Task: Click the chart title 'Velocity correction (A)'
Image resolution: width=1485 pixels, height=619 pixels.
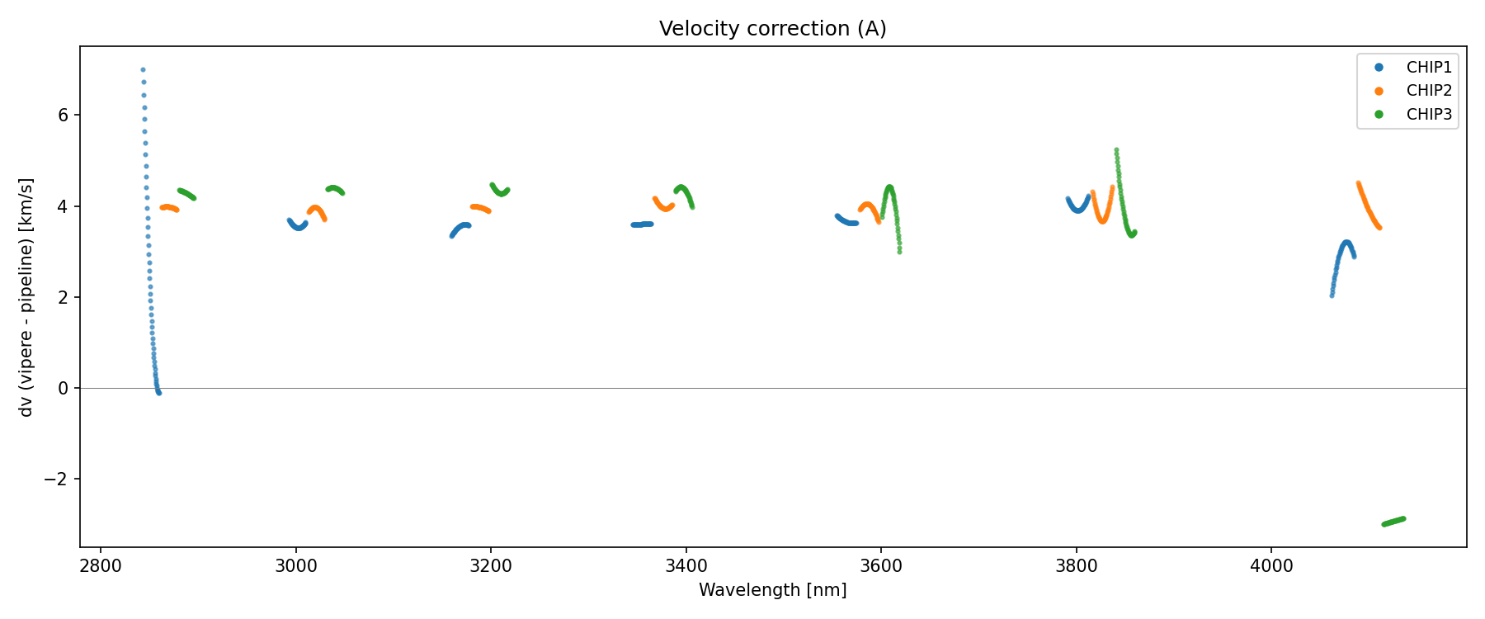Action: (x=772, y=29)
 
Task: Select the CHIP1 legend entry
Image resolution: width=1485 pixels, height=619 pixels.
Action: (x=1428, y=68)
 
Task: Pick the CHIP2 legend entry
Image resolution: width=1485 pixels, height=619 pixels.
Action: (x=1428, y=91)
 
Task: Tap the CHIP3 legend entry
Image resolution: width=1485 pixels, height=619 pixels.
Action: (x=1428, y=115)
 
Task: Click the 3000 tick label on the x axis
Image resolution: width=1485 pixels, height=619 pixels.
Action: (x=295, y=565)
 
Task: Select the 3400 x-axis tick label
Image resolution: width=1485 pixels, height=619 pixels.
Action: (x=686, y=565)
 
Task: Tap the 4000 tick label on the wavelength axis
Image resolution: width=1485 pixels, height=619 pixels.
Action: (x=1271, y=565)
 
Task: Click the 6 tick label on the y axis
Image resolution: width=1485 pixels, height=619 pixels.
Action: (x=63, y=115)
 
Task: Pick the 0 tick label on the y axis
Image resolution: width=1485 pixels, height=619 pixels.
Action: (x=63, y=388)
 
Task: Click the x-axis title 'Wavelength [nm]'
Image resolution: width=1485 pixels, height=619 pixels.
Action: (x=772, y=590)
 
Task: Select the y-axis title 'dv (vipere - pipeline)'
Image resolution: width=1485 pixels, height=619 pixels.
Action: (x=26, y=297)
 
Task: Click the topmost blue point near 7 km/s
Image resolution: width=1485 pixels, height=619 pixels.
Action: (x=143, y=70)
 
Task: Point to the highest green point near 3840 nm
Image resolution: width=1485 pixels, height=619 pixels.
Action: (x=1116, y=150)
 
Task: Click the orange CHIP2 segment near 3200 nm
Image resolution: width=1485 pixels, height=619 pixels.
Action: (x=480, y=208)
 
